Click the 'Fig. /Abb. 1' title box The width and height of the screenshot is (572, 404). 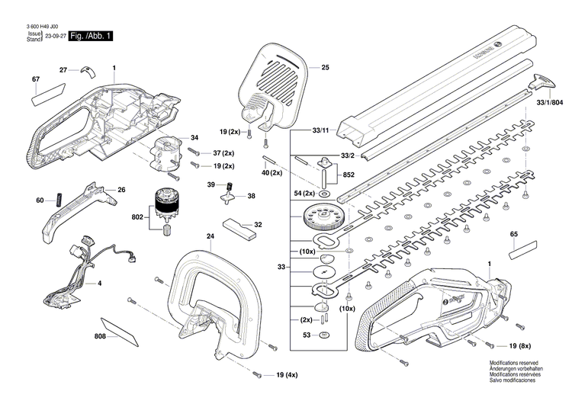click(91, 37)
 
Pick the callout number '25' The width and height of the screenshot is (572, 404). click(325, 69)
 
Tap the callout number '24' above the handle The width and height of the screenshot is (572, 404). click(210, 236)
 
